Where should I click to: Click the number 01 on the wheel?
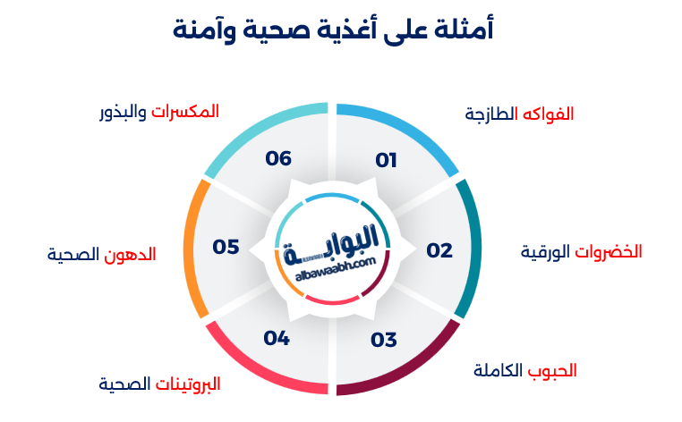pyautogui.click(x=386, y=161)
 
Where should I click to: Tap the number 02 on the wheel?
pyautogui.click(x=439, y=250)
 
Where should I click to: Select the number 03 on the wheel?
pyautogui.click(x=383, y=340)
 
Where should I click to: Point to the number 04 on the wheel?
pyautogui.click(x=277, y=338)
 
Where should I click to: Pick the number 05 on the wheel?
pyautogui.click(x=226, y=247)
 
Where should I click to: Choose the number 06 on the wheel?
pyautogui.click(x=278, y=158)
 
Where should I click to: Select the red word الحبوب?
pyautogui.click(x=553, y=370)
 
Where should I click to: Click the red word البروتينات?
pyautogui.click(x=188, y=384)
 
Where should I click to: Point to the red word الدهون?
pyautogui.click(x=132, y=254)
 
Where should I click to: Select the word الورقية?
pyautogui.click(x=546, y=252)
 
